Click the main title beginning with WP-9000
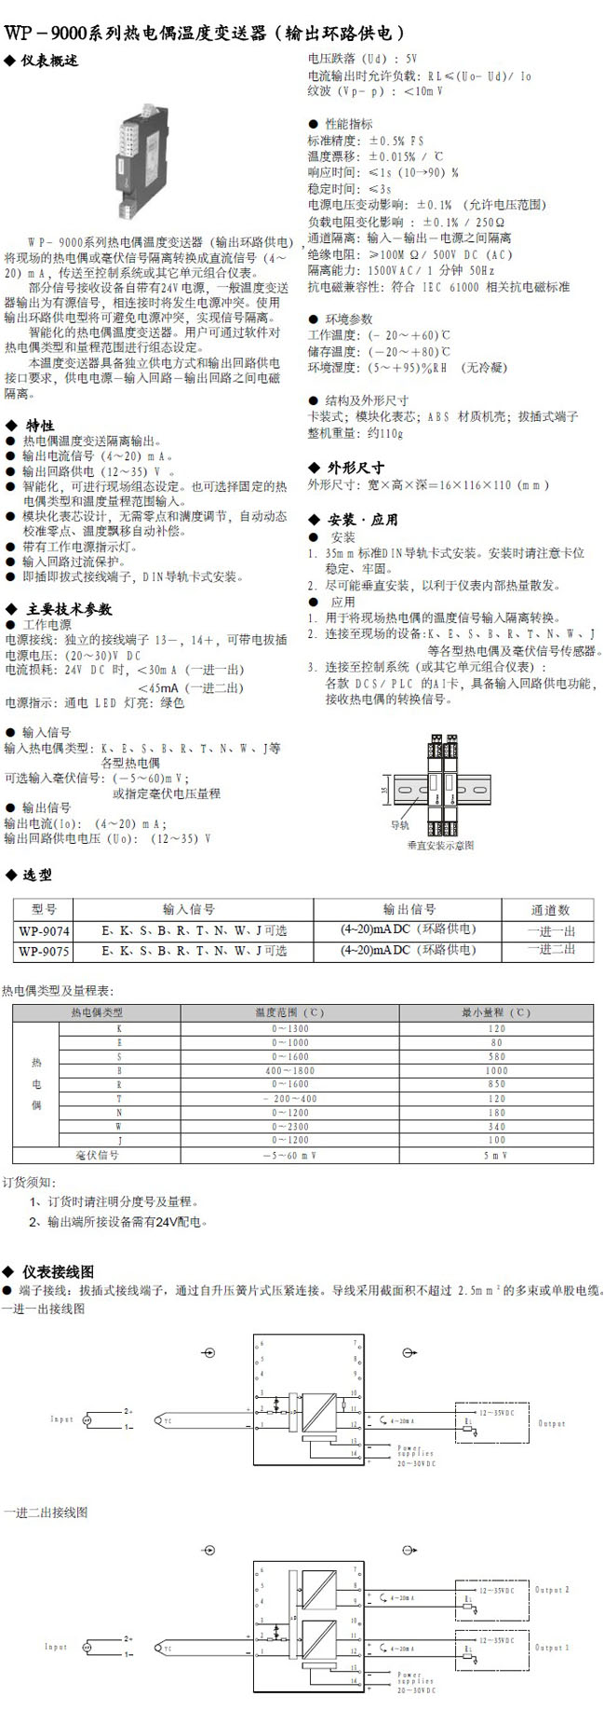click(206, 33)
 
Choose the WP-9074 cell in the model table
click(44, 929)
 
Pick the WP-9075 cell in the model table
click(44, 951)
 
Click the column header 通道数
click(550, 910)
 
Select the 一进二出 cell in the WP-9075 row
click(551, 950)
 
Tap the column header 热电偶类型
click(97, 1012)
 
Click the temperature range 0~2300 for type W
click(289, 1127)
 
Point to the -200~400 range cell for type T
click(289, 1099)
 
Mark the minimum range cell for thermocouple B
click(496, 1071)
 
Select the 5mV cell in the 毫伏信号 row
click(496, 1155)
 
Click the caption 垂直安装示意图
click(440, 846)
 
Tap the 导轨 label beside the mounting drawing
click(399, 825)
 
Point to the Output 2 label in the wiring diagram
click(552, 1590)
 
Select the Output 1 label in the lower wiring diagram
click(552, 1648)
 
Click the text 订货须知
click(29, 1182)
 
